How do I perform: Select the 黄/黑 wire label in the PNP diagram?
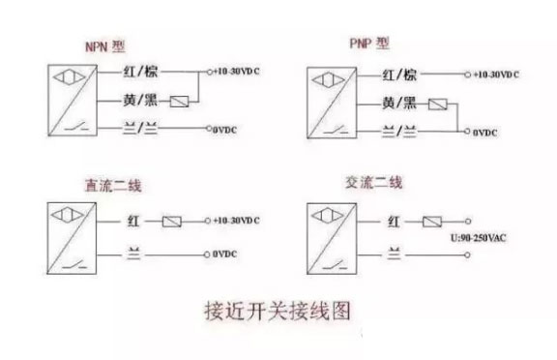[x=403, y=104]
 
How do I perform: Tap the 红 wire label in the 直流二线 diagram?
[x=135, y=221]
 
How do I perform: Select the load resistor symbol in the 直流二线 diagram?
[x=173, y=221]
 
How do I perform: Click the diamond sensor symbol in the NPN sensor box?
[x=67, y=75]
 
